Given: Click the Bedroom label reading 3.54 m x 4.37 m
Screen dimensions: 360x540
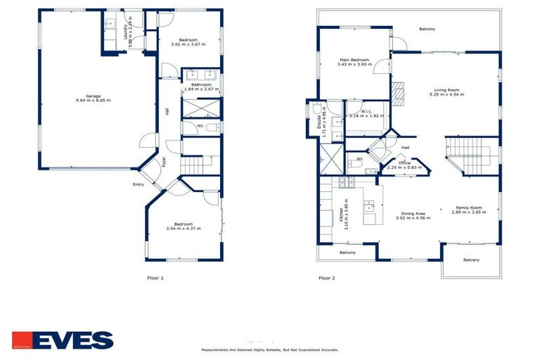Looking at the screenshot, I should coord(184,226).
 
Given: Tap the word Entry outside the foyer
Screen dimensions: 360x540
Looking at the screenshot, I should coord(138,185).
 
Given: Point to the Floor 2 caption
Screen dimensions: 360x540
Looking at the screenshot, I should coord(326,278).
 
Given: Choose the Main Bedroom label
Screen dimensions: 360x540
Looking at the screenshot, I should coord(353,63).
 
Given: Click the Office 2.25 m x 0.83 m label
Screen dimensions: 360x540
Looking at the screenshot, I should coord(404,165).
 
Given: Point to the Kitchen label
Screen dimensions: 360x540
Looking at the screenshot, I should coord(342,210).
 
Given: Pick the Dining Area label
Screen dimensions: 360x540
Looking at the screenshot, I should coord(413,216).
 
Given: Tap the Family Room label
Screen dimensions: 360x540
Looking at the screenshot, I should coord(468,210).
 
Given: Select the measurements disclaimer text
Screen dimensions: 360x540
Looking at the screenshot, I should coord(270,349).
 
